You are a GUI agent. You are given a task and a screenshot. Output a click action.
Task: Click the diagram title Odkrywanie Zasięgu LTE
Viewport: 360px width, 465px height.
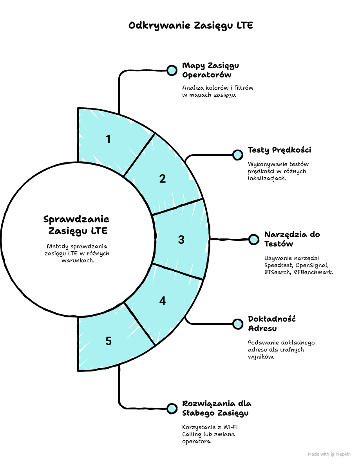click(191, 26)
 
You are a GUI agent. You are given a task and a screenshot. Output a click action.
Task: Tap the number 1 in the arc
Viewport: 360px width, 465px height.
click(108, 139)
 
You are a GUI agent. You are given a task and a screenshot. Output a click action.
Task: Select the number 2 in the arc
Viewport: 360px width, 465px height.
click(162, 179)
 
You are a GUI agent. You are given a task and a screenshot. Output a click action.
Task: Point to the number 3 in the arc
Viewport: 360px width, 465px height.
click(181, 240)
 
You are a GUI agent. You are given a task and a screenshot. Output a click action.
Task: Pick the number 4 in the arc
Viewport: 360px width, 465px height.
click(162, 301)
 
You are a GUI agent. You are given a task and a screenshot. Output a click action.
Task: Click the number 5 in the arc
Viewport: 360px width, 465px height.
click(108, 341)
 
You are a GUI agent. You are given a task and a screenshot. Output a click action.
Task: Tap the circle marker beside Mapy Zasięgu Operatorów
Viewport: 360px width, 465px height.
click(172, 70)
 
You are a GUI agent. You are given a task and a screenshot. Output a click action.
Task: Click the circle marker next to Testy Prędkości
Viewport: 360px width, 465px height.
click(237, 155)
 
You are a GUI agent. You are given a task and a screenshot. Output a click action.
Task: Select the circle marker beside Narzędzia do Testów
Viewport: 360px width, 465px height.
click(254, 240)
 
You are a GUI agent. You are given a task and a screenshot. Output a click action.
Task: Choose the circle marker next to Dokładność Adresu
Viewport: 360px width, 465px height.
click(237, 324)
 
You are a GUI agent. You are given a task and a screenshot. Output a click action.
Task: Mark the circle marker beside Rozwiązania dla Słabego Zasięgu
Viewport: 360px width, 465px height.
click(172, 409)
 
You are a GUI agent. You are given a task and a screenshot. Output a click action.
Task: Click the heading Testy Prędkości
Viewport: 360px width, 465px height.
click(279, 150)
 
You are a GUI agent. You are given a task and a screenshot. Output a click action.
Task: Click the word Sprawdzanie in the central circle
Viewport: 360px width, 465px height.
click(76, 219)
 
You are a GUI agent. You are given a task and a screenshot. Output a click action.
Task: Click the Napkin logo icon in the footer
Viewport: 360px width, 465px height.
click(333, 454)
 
